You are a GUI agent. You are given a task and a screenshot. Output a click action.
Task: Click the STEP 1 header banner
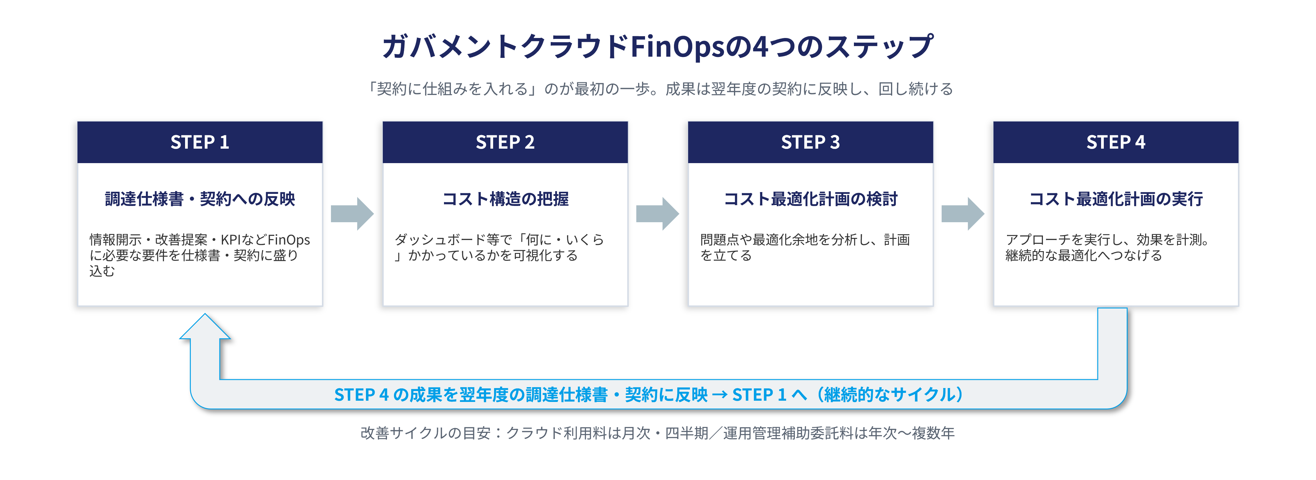coord(200,142)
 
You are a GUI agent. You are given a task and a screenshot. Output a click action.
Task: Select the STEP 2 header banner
coord(505,142)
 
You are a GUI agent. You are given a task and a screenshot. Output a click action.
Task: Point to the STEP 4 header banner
coord(1116,142)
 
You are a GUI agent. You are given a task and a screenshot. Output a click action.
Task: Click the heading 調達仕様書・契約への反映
coord(200,199)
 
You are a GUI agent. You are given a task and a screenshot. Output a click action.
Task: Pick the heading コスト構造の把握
coord(505,199)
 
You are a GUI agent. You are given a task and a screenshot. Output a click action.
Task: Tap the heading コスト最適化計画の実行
coord(1116,199)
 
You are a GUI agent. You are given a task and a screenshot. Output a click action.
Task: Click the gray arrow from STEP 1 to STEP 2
coord(352,214)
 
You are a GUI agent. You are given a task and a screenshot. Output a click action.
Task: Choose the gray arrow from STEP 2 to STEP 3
coord(657,214)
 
